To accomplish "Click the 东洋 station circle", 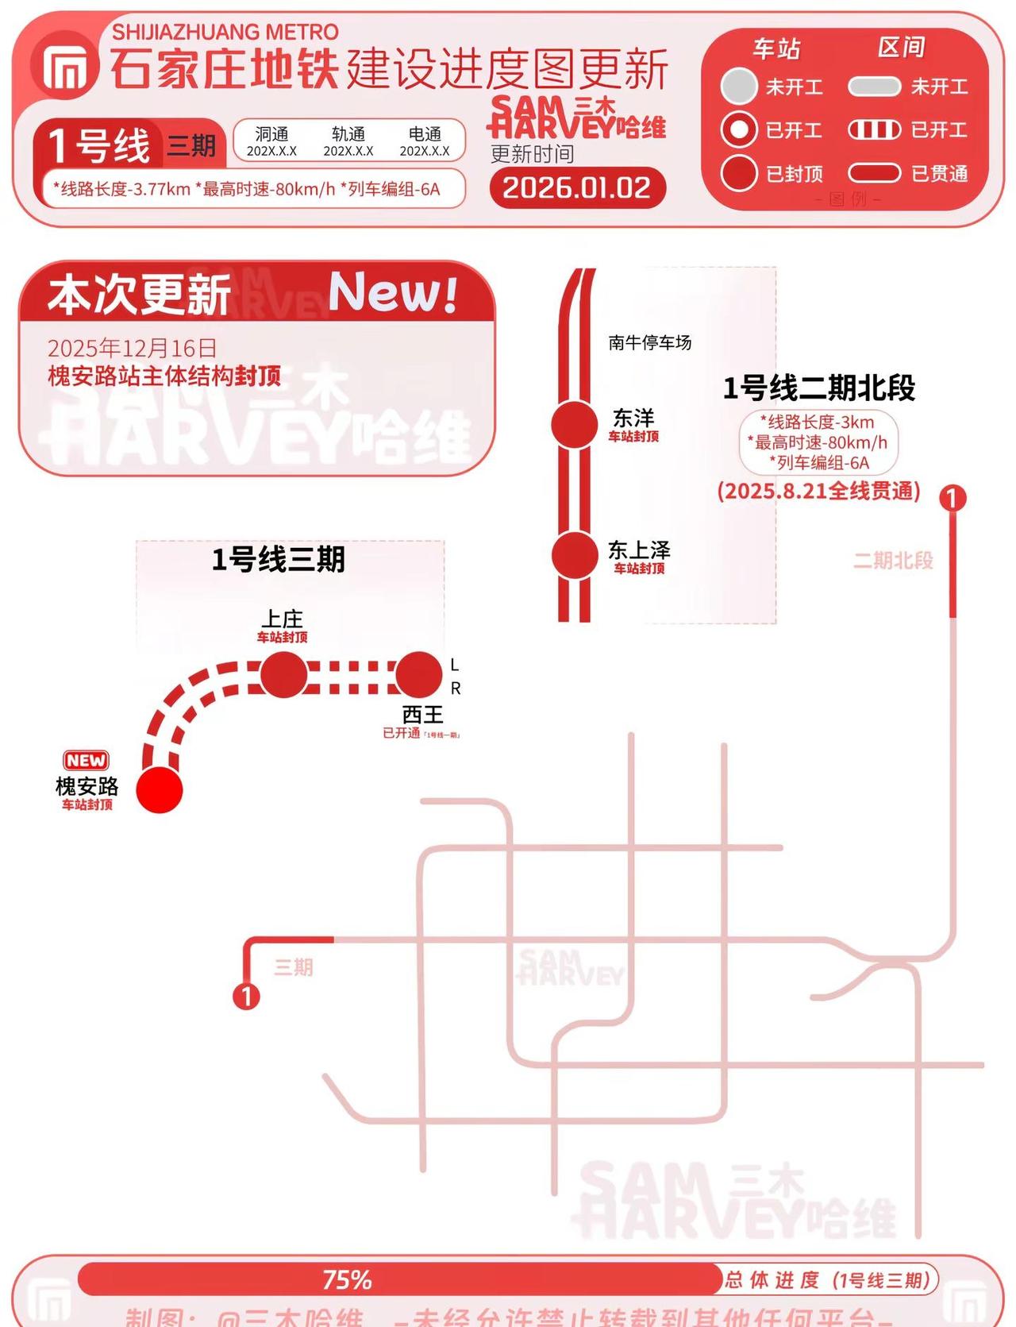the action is pos(574,424).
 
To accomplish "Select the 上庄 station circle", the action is pos(283,674).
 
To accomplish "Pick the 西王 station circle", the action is pos(418,674).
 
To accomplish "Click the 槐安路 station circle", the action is pos(160,789).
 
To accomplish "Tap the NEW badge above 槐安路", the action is pos(86,760).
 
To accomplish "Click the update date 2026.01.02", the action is pos(577,188).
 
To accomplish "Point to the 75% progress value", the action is pos(347,1280).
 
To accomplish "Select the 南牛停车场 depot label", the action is pos(649,342).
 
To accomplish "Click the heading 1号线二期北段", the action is pos(818,388).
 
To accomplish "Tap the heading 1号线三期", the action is pos(278,560).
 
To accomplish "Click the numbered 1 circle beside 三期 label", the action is pos(246,996).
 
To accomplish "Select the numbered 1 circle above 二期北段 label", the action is pos(952,498).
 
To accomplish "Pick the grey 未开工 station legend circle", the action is pos(739,86).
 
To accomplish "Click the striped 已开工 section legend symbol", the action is pos(874,129).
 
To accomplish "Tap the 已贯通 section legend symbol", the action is pos(874,173).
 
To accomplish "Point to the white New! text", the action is pos(393,292).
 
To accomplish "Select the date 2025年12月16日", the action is pos(132,348).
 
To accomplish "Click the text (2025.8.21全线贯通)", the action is pos(818,491).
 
